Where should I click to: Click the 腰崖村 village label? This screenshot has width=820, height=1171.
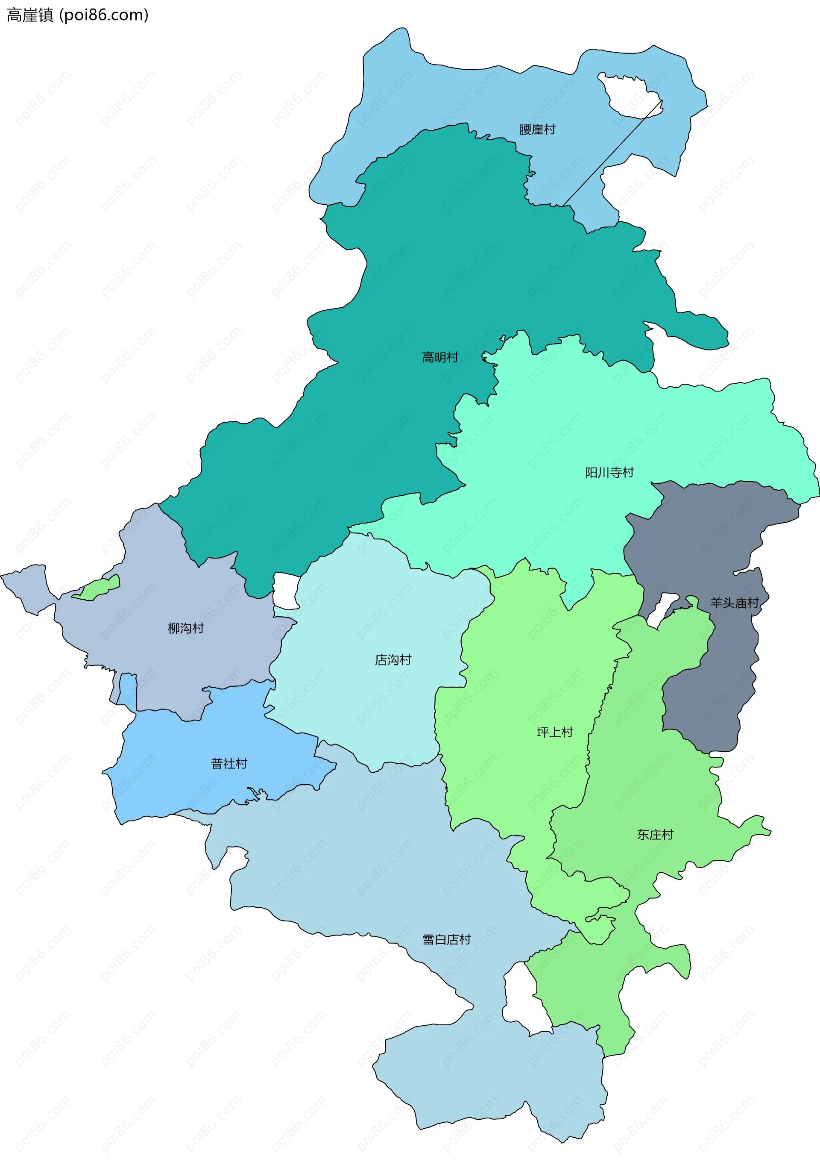537,129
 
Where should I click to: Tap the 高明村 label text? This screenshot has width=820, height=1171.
440,357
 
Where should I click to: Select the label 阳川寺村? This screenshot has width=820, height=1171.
609,472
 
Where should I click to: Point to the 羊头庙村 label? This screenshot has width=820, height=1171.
735,603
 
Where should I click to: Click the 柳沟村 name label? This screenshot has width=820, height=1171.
185,628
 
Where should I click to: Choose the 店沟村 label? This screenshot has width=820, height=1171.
393,659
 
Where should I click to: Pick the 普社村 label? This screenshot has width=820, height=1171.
229,763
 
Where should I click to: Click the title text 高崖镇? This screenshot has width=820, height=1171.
30,15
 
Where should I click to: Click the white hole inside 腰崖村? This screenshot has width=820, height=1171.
628,97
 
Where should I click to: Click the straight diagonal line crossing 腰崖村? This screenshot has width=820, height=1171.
612,153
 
